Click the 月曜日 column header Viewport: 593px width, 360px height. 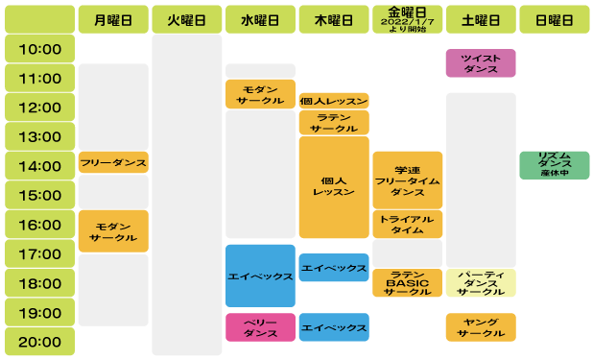113,19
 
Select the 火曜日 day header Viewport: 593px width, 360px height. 186,19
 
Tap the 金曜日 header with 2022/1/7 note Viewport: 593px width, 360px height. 407,19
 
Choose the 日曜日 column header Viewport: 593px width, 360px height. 555,19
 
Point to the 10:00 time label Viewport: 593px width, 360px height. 39,49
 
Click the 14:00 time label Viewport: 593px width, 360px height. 39,166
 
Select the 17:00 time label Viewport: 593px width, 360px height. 39,254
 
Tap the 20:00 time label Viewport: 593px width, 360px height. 39,341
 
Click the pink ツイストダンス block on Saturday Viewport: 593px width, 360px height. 481,63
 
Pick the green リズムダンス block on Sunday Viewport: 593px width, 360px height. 555,164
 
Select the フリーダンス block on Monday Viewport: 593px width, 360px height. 113,163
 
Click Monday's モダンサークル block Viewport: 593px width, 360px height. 113,230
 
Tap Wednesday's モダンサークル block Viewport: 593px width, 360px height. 260,94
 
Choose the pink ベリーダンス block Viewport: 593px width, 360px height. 260,327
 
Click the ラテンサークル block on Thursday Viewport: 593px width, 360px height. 334,122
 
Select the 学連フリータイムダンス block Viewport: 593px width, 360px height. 407,180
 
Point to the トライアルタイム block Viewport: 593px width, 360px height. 407,224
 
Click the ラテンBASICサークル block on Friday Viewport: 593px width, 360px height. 407,283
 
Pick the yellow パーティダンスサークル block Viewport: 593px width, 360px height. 481,283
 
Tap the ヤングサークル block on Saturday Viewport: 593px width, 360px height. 481,327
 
